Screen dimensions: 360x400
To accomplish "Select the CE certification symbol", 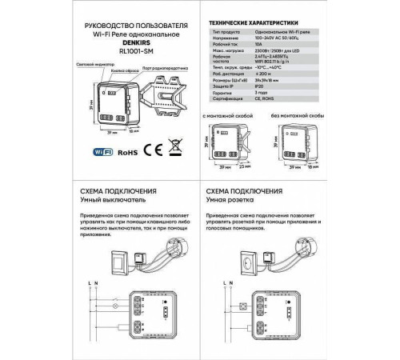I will pos(157,148).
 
